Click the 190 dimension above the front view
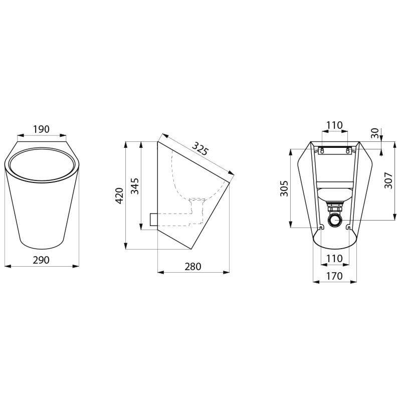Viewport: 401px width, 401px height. tap(41, 129)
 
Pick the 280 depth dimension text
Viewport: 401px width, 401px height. tap(192, 267)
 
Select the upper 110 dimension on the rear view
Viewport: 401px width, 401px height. tap(334, 125)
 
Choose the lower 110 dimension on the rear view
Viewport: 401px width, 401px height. tap(334, 258)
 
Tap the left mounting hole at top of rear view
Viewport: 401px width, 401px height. tap(322, 150)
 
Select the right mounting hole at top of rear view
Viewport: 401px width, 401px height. tap(347, 150)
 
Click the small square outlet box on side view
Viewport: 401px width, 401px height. tap(153, 219)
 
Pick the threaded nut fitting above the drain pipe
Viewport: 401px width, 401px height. tap(334, 205)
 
